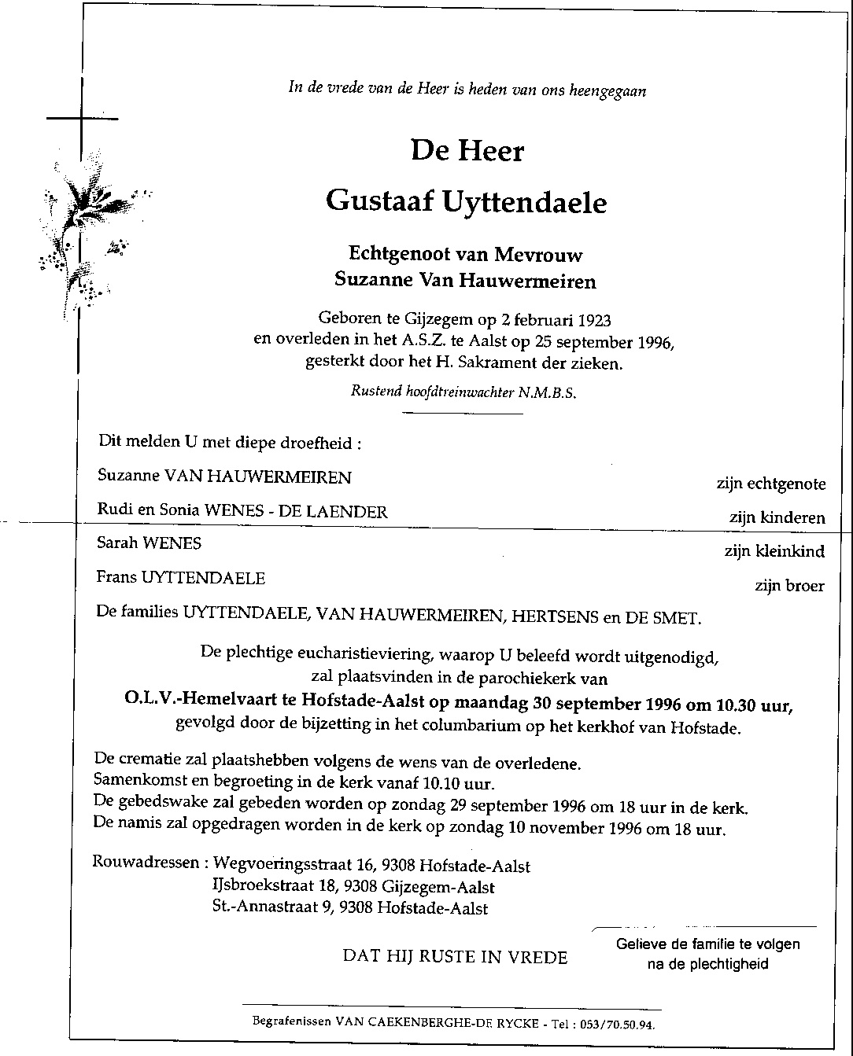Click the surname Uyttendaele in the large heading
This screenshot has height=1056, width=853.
525,203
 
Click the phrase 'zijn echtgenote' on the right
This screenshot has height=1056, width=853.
770,484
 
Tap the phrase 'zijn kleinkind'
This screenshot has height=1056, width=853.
774,551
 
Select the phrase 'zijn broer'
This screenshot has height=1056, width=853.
789,585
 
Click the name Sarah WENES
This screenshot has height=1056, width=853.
149,543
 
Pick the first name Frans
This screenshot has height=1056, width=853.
116,578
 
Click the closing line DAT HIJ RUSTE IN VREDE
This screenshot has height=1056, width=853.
455,956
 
